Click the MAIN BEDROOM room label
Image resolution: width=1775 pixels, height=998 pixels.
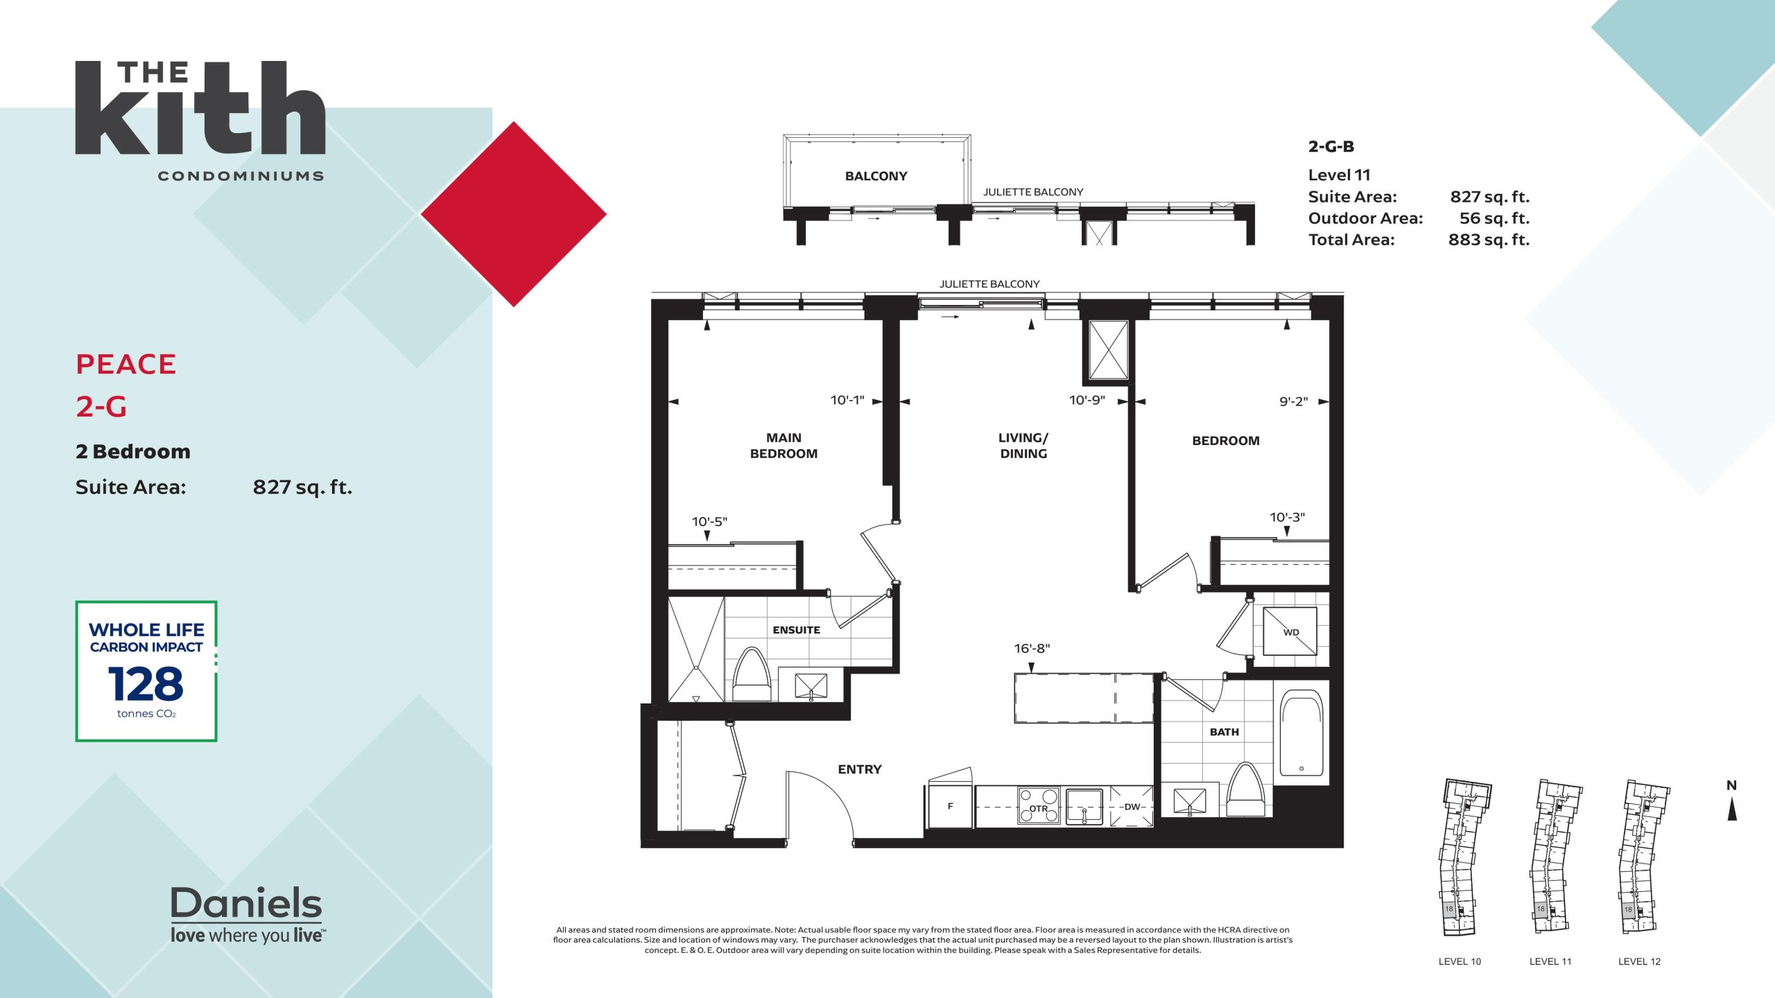pos(783,446)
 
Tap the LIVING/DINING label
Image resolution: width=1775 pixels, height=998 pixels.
pos(1023,446)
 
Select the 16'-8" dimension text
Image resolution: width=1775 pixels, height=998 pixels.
pos(1032,649)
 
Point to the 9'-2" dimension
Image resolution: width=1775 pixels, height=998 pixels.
pos(1293,401)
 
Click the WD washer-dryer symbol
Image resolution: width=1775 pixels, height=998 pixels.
pos(1290,631)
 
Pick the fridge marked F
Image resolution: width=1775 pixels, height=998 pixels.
pos(950,806)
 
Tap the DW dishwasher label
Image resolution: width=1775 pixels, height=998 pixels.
pos(1132,807)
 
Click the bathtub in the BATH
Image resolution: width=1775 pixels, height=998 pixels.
pos(1301,733)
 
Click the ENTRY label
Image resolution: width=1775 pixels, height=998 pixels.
pos(860,769)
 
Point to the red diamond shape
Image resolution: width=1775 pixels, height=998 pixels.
pos(514,214)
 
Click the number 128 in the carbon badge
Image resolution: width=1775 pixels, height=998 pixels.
pos(146,684)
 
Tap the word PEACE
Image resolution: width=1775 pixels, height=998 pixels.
pos(126,365)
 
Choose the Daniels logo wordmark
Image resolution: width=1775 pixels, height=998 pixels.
pos(247,903)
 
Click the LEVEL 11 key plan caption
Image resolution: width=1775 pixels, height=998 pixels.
pos(1550,961)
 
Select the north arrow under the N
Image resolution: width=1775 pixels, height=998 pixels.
pos(1731,809)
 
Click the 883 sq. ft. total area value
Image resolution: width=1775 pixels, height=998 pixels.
pos(1489,240)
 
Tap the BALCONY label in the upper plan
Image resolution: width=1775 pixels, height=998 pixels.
pos(876,176)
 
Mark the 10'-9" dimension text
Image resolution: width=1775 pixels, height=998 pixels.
pos(1087,400)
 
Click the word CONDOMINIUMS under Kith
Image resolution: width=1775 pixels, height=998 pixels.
pos(241,176)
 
